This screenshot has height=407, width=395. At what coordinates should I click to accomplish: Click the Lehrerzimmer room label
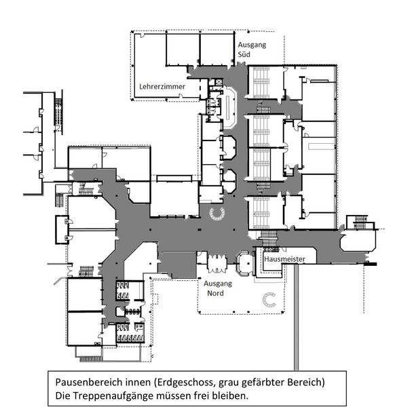click(x=162, y=86)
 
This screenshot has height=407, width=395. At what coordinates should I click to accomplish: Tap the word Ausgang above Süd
click(x=252, y=45)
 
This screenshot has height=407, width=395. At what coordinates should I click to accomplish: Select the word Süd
click(x=244, y=54)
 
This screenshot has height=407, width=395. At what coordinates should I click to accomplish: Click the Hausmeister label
click(x=284, y=259)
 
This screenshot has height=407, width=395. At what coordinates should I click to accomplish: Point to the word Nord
click(x=215, y=293)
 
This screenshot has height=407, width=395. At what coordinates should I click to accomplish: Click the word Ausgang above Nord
click(x=218, y=284)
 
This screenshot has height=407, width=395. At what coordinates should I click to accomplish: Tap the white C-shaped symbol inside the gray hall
click(x=217, y=214)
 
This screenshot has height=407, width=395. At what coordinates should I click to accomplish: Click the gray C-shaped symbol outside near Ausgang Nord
click(x=269, y=300)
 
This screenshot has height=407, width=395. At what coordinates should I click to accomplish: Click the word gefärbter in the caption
click(x=263, y=383)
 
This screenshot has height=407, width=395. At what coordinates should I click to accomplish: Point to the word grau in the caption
click(x=229, y=383)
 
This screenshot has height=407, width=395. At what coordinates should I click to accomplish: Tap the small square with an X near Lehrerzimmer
click(x=219, y=82)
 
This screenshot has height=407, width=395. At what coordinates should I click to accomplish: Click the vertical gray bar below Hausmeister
click(x=296, y=317)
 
